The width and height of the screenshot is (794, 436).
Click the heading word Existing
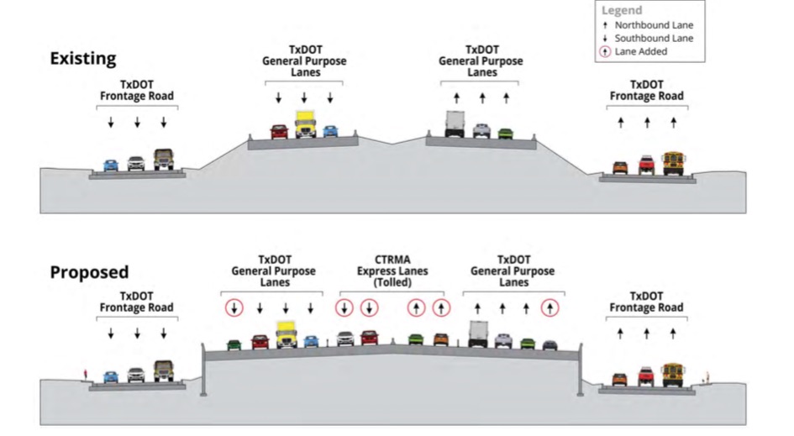(82, 59)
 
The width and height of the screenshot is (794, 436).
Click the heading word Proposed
(89, 272)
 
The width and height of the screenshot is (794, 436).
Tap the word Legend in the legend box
(622, 10)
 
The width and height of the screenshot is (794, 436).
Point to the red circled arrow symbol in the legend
(606, 52)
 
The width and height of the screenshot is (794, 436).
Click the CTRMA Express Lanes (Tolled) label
(392, 271)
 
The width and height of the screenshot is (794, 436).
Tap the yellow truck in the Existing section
(304, 124)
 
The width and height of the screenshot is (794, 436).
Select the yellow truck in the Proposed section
(287, 334)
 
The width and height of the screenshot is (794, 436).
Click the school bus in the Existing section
(673, 162)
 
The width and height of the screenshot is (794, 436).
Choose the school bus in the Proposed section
(673, 374)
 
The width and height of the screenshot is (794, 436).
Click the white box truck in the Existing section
(455, 124)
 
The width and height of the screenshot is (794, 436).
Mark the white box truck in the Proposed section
(478, 334)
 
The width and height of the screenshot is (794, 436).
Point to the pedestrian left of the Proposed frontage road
(85, 373)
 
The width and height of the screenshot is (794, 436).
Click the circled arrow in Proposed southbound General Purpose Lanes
(234, 308)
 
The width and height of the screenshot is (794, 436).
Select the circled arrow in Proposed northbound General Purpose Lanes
(549, 308)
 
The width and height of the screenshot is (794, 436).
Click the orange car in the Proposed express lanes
(440, 339)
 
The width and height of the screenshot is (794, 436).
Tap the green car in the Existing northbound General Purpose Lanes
(504, 133)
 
